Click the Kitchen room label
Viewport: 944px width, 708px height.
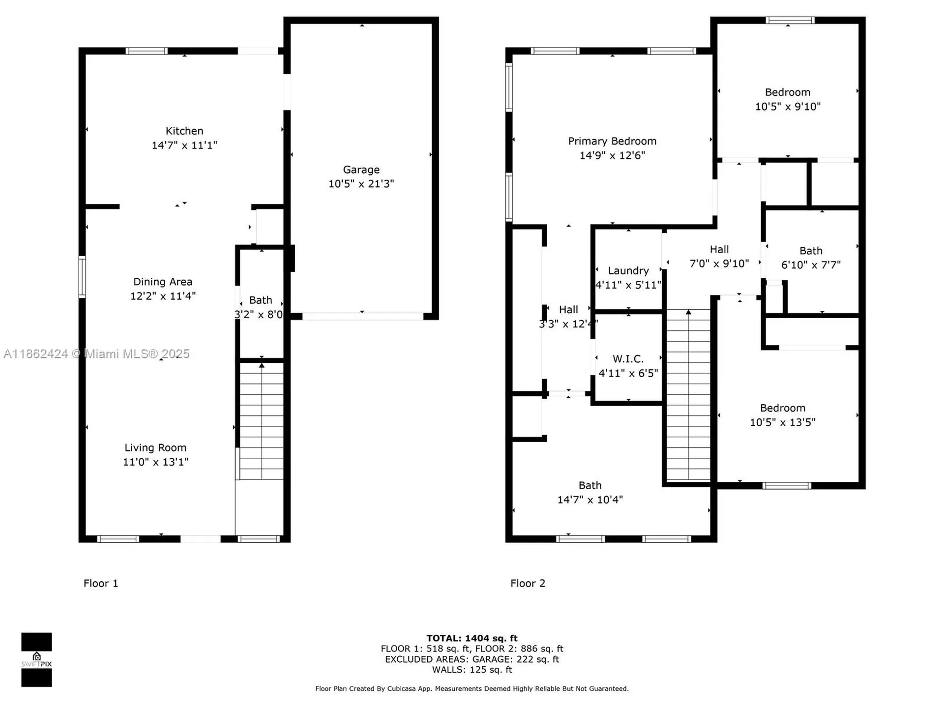coord(184,131)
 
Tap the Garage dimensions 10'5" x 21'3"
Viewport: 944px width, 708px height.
coord(361,183)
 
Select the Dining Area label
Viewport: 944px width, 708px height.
coord(163,282)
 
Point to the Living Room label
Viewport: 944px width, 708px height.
coord(155,447)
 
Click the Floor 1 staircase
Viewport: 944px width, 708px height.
coord(261,421)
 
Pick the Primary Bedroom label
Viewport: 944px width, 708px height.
coord(612,141)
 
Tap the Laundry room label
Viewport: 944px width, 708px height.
coord(628,271)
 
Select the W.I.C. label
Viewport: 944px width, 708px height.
coord(628,359)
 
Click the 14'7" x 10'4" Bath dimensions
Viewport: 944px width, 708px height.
coord(590,500)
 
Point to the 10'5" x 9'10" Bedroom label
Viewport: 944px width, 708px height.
coord(787,92)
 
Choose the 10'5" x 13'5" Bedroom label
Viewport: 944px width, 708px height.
coord(782,408)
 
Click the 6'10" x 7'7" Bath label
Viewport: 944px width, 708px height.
coord(810,251)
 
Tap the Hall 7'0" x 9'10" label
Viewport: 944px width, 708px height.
coord(719,250)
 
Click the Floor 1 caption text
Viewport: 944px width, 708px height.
coord(101,583)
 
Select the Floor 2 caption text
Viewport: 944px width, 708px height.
coord(528,583)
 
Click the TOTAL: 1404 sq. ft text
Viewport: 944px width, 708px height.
coord(472,638)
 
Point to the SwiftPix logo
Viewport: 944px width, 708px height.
coord(36,659)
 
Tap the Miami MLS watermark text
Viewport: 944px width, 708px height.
coord(96,354)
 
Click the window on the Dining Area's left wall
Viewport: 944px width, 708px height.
coord(82,277)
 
